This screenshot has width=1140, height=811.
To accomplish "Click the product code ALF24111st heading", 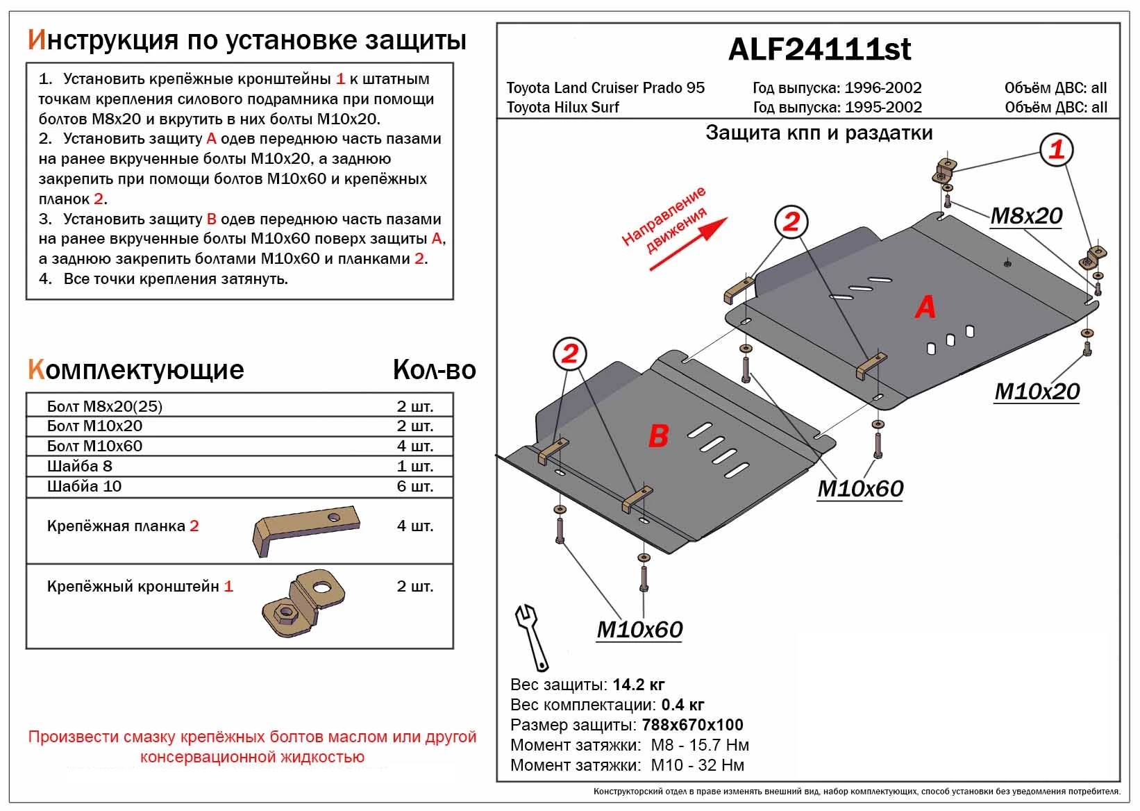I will pos(819,49).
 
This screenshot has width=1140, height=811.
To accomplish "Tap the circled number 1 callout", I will pos(1056,149).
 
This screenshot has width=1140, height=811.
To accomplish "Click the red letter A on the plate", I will pos(925,307).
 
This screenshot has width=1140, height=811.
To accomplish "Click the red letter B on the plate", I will pos(657,436).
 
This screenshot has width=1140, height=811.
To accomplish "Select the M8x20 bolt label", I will pos(1026,216).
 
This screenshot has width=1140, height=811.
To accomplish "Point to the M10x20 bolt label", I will pos(1037,392).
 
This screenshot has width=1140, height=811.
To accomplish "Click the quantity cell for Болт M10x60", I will pos(414,446).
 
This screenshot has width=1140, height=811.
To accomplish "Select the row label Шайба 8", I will pos(80,466).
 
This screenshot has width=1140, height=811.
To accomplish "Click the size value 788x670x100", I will pos(693,725).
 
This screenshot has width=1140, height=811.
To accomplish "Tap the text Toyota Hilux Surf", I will pos(562,108).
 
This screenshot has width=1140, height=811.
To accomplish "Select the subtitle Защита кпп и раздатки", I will pos(819,133).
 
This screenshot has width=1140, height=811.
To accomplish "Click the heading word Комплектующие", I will pos(136,370).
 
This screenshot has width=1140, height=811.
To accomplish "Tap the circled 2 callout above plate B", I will pos(569,354).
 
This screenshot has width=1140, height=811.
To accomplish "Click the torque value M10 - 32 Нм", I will pos(697,765).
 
